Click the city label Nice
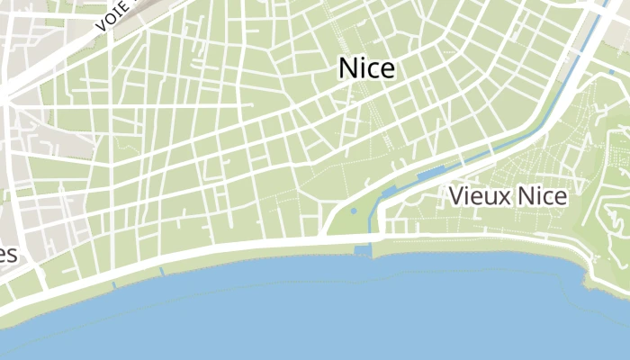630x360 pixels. [x=366, y=68]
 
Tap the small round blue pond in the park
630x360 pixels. [x=353, y=211]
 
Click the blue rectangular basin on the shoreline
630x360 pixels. [x=363, y=249]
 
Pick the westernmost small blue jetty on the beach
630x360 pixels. [x=113, y=284]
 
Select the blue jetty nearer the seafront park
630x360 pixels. [x=162, y=271]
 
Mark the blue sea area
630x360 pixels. [x=315, y=315]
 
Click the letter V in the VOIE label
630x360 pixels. [x=100, y=28]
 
